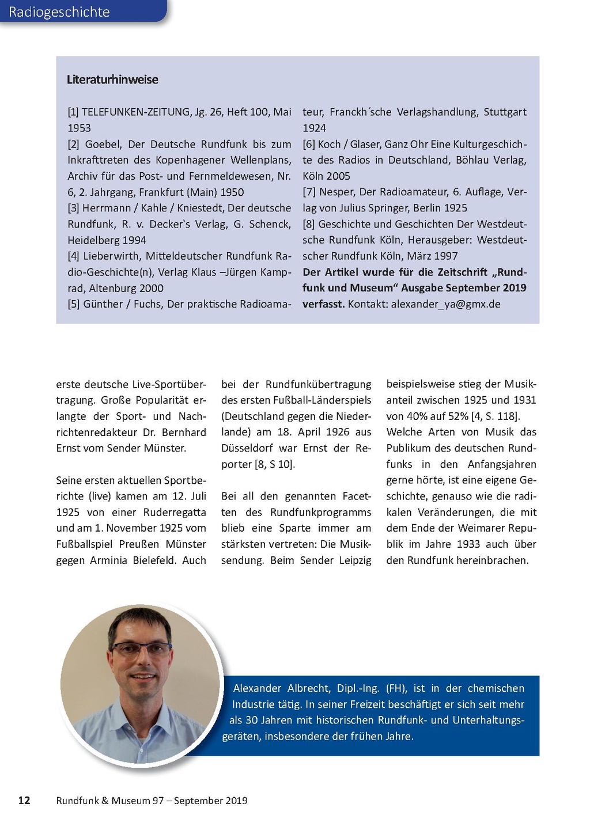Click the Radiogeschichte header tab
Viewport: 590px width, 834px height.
click(x=59, y=12)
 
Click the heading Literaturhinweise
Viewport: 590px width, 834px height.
click(x=112, y=79)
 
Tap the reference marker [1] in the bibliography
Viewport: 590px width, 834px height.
click(x=73, y=112)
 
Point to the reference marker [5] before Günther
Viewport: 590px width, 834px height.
click(x=73, y=304)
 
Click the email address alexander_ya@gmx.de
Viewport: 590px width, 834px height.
click(x=445, y=304)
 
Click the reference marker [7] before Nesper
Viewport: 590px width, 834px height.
click(x=309, y=192)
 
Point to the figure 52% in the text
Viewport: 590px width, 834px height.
click(x=455, y=416)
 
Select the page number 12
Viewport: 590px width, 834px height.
click(x=24, y=800)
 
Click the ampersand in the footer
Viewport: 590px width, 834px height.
click(x=104, y=801)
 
